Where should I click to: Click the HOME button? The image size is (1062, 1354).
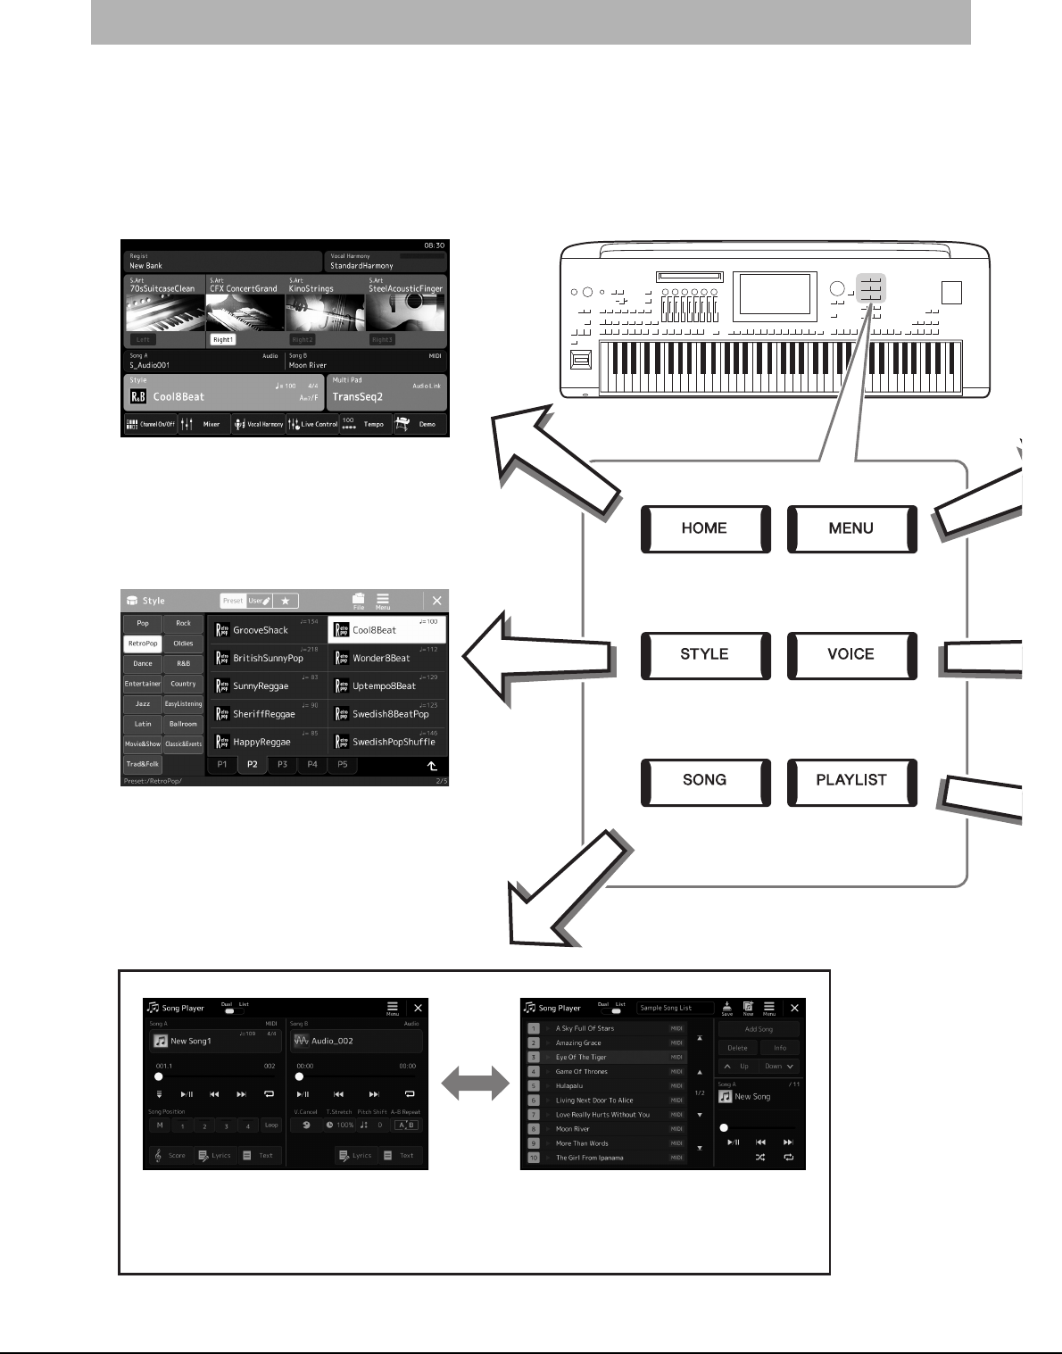click(705, 528)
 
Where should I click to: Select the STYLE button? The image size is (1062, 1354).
click(705, 654)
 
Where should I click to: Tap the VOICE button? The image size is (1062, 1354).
click(851, 654)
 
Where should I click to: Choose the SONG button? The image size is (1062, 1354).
click(705, 780)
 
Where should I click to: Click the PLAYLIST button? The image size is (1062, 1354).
click(851, 780)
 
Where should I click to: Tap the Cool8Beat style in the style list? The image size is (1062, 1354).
click(386, 630)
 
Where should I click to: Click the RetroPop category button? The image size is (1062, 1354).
click(142, 644)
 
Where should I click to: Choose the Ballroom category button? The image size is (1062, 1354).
click(183, 724)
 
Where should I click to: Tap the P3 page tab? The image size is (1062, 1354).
click(282, 765)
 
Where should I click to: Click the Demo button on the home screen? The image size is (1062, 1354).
click(419, 424)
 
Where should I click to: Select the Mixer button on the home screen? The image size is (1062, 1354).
click(203, 424)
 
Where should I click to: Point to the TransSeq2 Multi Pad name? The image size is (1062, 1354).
click(358, 397)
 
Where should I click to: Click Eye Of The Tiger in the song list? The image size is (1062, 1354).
click(581, 1058)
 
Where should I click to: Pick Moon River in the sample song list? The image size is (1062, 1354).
click(573, 1129)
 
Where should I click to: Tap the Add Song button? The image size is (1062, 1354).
click(759, 1029)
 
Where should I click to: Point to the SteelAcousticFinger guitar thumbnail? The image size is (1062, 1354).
click(406, 313)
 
